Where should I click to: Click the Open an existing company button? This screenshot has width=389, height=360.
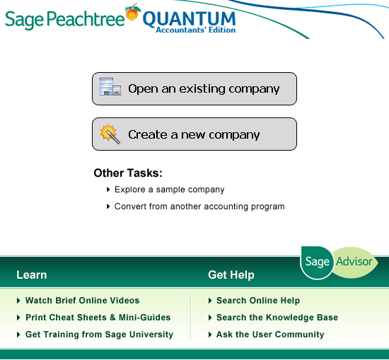pos(194,89)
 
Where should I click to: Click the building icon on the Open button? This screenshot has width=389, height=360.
pos(110,86)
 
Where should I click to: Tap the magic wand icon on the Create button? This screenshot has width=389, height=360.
pos(110,134)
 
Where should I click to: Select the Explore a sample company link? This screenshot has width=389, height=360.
pos(170,190)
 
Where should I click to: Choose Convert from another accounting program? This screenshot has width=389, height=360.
pos(199,207)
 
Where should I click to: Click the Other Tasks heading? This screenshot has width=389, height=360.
pos(128,173)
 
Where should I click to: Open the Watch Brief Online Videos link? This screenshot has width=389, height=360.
pos(82,301)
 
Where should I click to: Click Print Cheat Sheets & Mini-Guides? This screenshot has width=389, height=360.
pos(98,318)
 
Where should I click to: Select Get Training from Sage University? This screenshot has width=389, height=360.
pos(99,335)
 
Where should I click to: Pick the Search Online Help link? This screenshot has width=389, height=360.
pos(258,301)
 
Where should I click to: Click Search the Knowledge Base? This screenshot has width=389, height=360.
pos(277,318)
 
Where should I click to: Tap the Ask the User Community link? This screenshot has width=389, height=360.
pos(270,335)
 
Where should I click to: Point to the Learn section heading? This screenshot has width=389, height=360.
pos(32,275)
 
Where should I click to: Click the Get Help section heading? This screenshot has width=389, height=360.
pos(231,275)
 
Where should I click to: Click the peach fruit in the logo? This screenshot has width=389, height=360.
pos(132,13)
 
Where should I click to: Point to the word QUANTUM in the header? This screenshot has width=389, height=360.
pos(189,19)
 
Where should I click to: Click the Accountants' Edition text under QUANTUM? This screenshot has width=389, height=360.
pos(196,30)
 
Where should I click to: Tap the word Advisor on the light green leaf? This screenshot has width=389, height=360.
pos(354,262)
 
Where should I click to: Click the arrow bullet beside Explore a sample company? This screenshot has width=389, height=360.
pos(108,190)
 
